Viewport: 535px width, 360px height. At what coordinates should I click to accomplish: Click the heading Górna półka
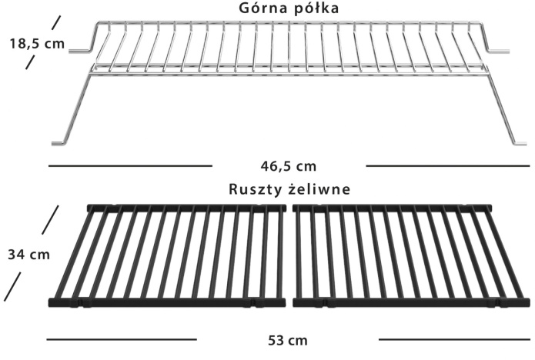(289, 8)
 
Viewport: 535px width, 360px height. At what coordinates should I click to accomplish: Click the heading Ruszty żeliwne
(289, 188)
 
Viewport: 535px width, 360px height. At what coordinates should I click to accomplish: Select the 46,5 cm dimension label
(289, 165)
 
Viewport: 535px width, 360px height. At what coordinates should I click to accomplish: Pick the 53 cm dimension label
(289, 339)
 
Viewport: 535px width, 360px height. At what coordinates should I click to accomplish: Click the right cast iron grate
(393, 255)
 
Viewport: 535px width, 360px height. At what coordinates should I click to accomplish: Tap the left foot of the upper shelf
(59, 142)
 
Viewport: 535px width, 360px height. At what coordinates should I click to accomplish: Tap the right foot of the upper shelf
(520, 142)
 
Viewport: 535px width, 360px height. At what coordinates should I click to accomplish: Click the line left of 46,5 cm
(130, 165)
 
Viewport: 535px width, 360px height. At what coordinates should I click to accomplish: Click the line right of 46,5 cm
(447, 165)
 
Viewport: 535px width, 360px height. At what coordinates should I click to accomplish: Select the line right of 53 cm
(454, 338)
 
